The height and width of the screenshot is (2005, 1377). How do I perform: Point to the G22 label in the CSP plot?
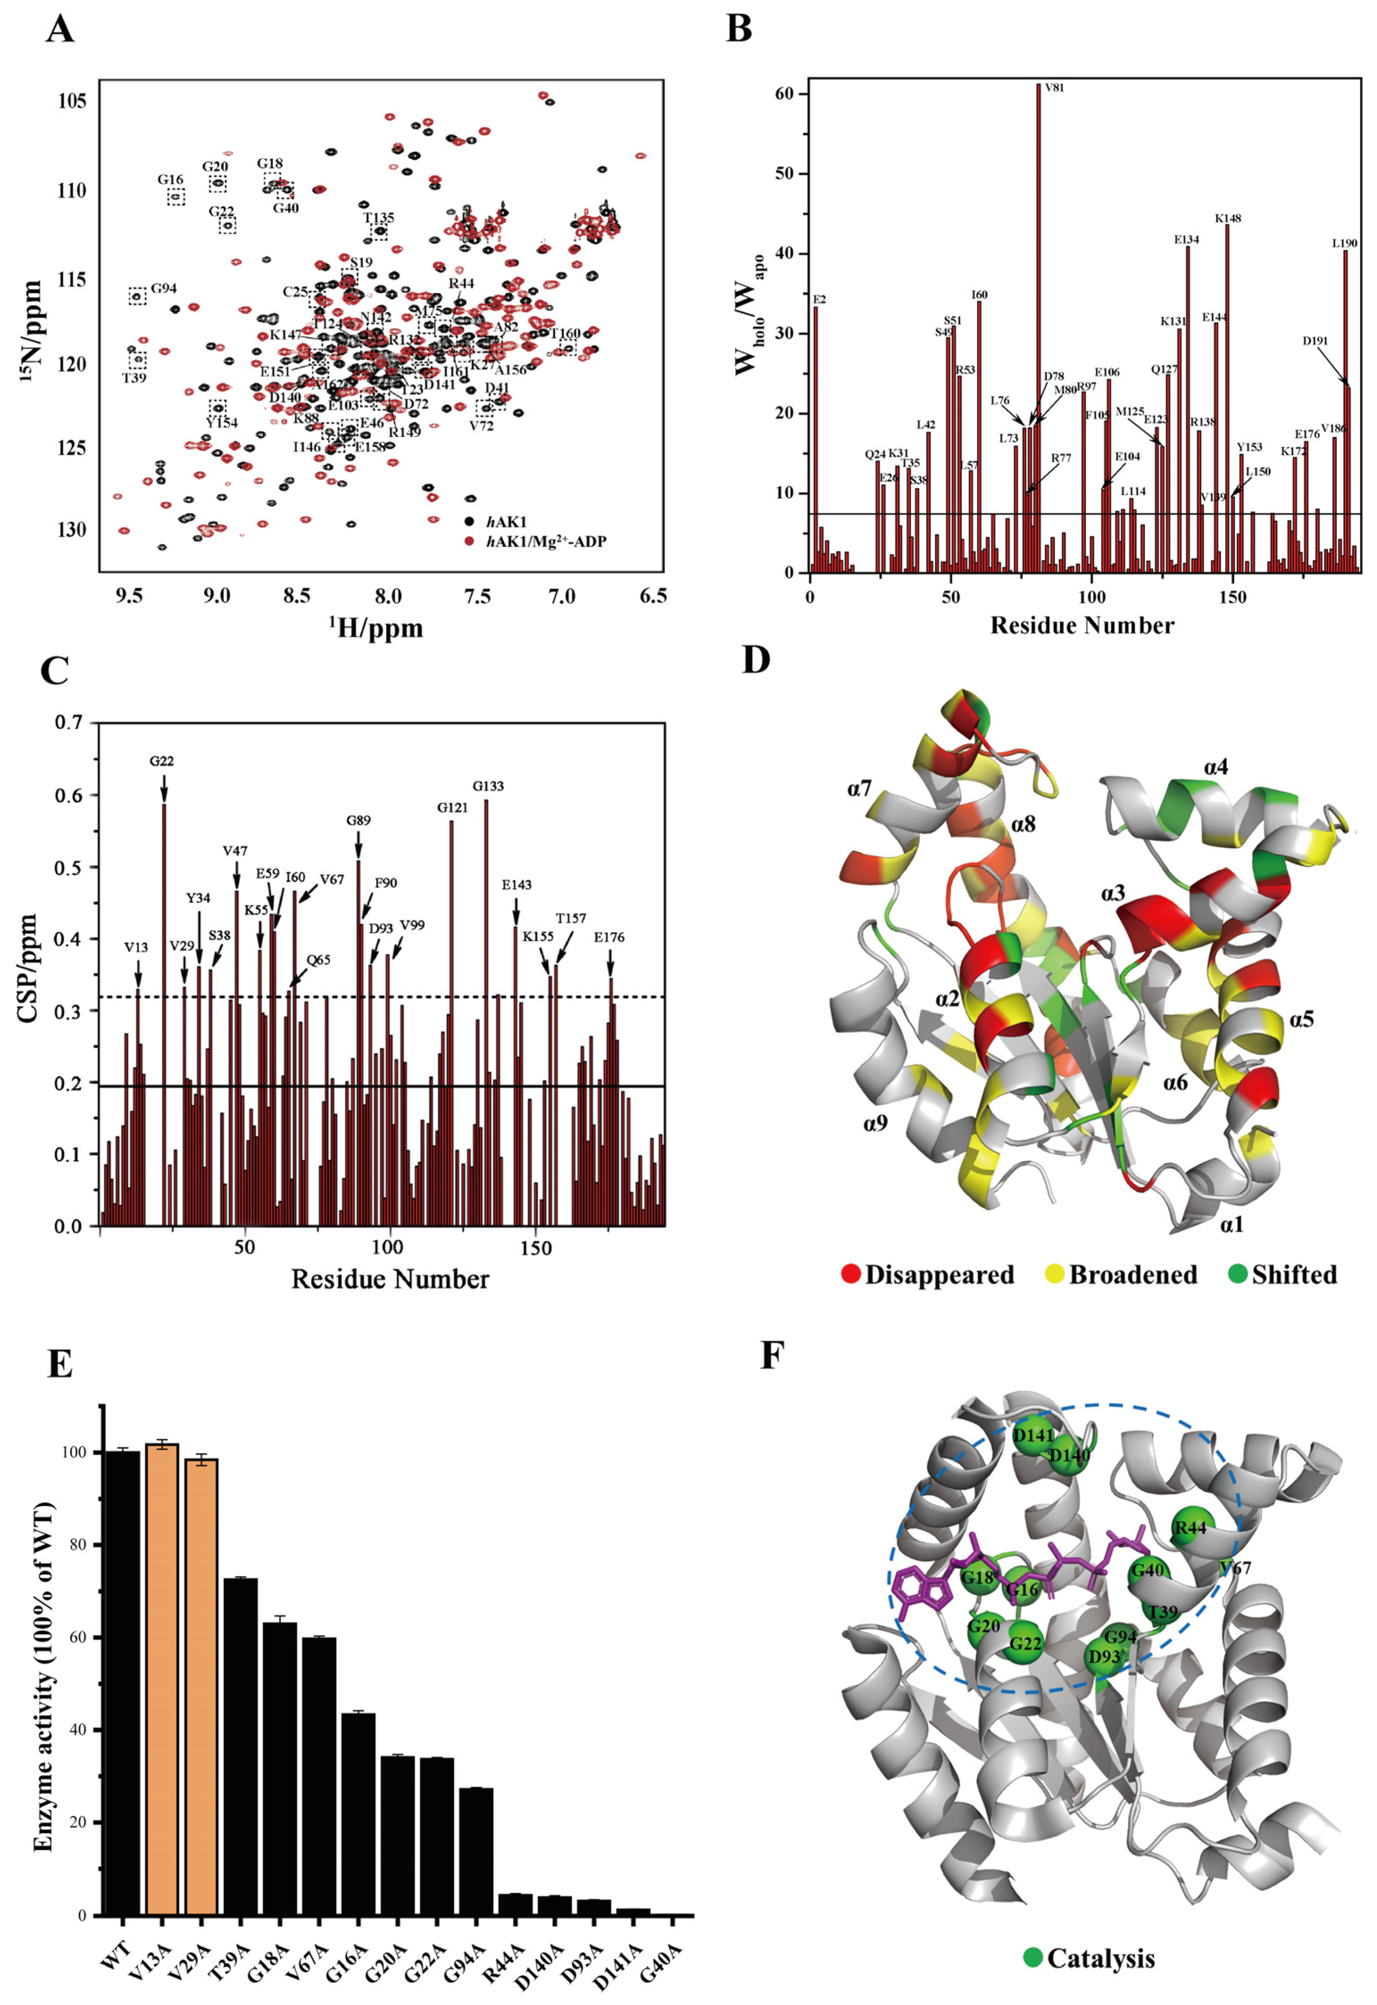tap(162, 761)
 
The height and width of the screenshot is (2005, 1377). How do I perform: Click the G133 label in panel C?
tap(488, 786)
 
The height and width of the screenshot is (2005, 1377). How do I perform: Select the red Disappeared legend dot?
tap(851, 1275)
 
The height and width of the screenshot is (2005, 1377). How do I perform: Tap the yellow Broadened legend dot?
tap(1054, 1275)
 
